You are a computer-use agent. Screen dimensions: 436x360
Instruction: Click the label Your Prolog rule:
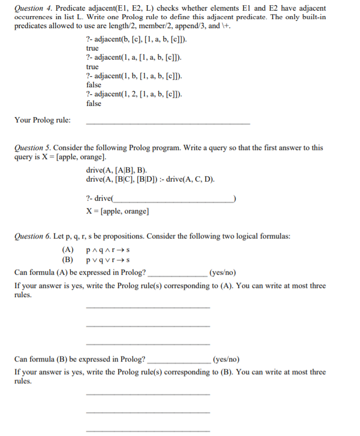point(42,120)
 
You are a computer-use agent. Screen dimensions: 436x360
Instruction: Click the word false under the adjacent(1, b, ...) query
point(94,85)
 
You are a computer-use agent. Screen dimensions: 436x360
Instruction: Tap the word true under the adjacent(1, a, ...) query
point(92,67)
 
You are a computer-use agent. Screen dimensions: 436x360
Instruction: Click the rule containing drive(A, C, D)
point(150,179)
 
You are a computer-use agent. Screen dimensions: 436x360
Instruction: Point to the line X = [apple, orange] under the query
point(118,211)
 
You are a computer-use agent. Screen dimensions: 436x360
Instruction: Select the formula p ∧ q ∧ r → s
point(108,249)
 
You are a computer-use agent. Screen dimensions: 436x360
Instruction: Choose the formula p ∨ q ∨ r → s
point(108,260)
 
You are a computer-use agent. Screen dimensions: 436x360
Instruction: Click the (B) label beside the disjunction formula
point(68,260)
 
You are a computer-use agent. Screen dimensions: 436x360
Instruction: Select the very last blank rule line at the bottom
point(148,430)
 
